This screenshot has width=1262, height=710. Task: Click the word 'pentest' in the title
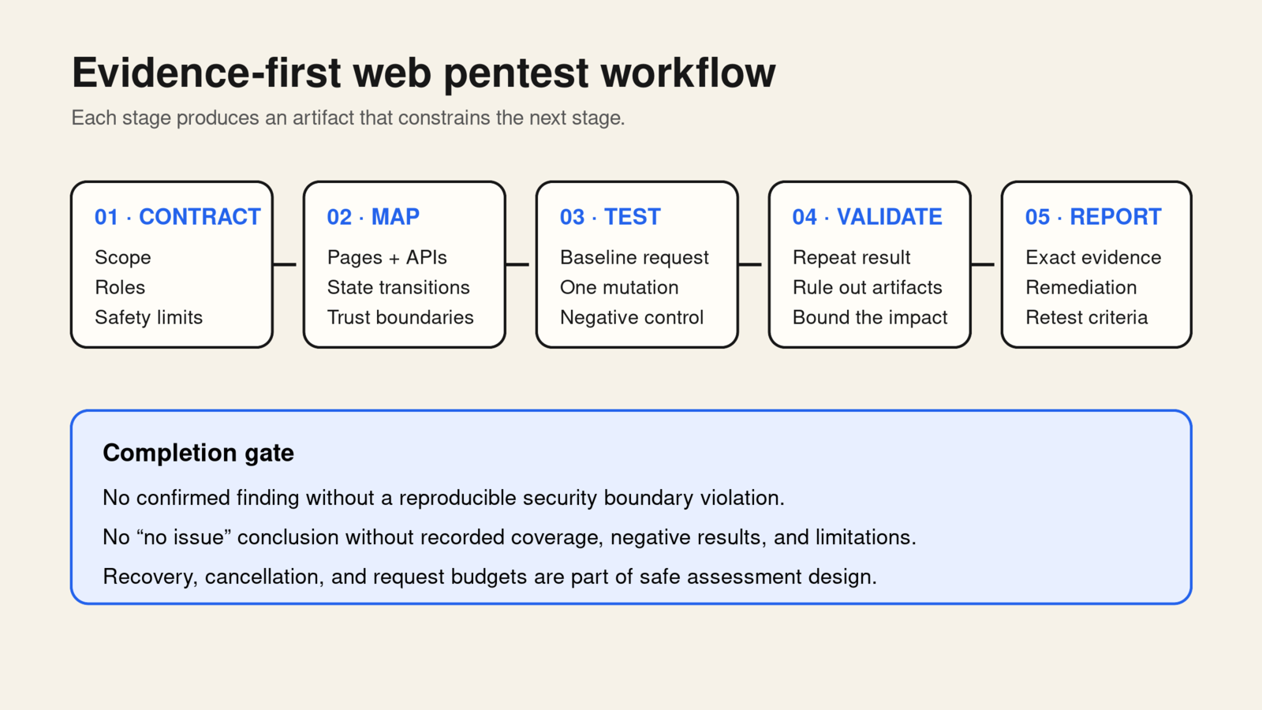point(516,74)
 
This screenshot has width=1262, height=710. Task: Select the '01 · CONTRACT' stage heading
point(177,217)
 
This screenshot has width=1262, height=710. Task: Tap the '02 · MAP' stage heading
point(373,217)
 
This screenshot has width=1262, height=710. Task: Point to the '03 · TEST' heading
point(610,217)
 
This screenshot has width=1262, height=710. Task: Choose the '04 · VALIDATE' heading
point(867,217)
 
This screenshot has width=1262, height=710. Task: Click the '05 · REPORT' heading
point(1093,217)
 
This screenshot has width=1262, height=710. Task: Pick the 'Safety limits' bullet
point(148,317)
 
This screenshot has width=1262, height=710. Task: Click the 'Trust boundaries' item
point(400,317)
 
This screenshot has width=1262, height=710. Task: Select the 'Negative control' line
point(632,317)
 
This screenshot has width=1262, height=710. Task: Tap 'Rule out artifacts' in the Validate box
point(867,287)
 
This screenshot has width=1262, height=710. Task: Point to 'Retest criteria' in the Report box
point(1086,317)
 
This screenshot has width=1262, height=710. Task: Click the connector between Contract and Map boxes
point(285,264)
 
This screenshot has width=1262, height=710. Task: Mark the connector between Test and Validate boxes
point(750,264)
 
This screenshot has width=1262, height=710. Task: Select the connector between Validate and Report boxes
point(983,264)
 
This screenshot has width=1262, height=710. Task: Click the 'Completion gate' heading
point(198,453)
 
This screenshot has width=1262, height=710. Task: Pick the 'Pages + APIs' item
point(386,257)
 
